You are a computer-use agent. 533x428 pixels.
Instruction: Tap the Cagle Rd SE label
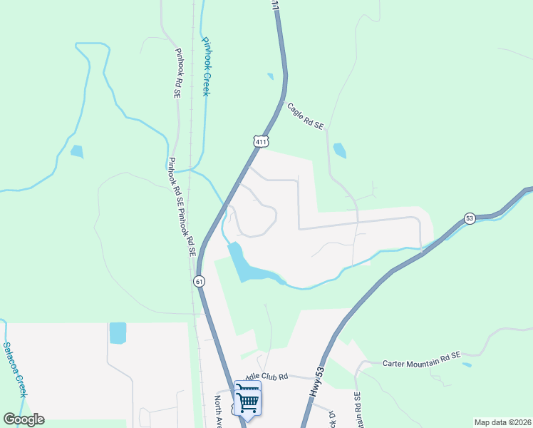pyautogui.click(x=306, y=116)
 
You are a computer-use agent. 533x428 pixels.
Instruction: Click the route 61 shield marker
pyautogui.click(x=199, y=282)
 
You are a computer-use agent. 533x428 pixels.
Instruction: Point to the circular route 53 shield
pyautogui.click(x=469, y=218)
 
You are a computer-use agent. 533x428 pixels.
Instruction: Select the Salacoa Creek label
pyautogui.click(x=15, y=370)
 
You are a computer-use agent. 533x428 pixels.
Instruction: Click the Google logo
pyautogui.click(x=24, y=419)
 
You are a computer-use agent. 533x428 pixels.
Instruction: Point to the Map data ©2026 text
pyautogui.click(x=502, y=422)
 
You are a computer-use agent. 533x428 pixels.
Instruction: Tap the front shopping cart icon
pyautogui.click(x=247, y=402)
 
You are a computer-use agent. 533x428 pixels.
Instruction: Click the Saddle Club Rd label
pyautogui.click(x=265, y=376)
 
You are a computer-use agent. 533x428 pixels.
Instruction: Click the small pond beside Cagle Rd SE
pyautogui.click(x=339, y=151)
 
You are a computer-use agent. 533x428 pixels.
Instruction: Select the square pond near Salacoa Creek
pyautogui.click(x=118, y=333)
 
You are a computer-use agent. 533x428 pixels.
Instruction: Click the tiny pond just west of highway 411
pyautogui.click(x=270, y=76)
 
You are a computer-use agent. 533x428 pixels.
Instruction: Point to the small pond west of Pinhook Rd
pyautogui.click(x=76, y=151)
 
